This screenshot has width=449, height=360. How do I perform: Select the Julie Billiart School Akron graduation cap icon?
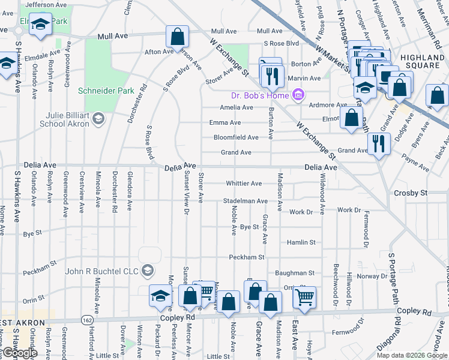[97, 119]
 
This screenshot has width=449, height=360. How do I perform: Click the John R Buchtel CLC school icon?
[147, 271]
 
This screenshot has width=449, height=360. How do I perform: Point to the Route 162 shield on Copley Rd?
[88, 320]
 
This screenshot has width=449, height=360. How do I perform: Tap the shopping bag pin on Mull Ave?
[178, 37]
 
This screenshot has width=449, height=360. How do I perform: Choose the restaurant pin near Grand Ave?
[379, 144]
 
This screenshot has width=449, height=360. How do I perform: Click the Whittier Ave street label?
[244, 183]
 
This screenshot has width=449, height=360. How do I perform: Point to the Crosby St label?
[411, 193]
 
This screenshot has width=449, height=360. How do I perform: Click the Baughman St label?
[295, 273]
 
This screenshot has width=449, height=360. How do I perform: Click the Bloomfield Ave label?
[236, 137]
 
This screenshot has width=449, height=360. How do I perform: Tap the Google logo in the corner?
[20, 353]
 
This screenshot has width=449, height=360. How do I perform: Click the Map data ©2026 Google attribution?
[412, 355]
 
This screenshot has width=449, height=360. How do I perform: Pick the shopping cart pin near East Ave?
[305, 296]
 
